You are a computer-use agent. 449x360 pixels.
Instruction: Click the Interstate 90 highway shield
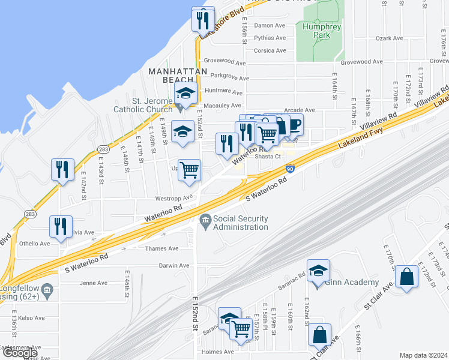pos(290,170)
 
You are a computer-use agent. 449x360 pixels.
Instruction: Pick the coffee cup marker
pos(295,124)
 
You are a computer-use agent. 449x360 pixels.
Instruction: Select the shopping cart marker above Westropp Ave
pos(189,170)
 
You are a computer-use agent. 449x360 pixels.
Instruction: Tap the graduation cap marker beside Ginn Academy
pos(318,271)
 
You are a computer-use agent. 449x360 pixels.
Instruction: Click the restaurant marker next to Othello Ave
pos(61,227)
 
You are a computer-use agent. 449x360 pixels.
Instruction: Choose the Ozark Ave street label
pos(389,38)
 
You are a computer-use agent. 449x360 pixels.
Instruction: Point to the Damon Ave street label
pos(270,26)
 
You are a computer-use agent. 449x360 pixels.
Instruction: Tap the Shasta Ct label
pos(268,156)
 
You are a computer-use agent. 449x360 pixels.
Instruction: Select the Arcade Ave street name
pos(300,110)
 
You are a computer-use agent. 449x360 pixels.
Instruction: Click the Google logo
pos(20,353)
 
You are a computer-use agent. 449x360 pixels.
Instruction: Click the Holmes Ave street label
pos(218,352)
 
